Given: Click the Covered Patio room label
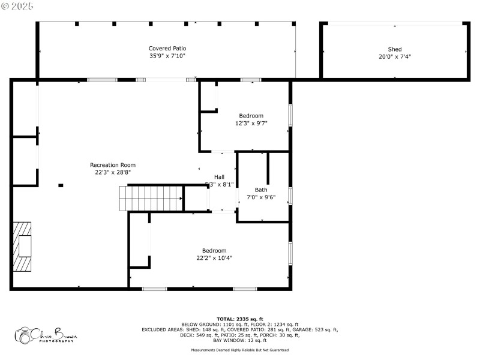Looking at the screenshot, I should (x=167, y=48).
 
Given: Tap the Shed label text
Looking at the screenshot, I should (x=394, y=49).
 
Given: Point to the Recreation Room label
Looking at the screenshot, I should (x=113, y=165).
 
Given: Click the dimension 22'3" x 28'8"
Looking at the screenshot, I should (x=113, y=172).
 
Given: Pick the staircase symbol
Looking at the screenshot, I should (x=151, y=198).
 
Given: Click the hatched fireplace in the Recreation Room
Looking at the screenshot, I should (x=23, y=247).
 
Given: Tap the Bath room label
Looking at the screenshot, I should (x=261, y=190).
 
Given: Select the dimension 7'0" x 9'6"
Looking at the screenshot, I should (x=261, y=197).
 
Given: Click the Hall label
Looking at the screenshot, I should (x=219, y=177).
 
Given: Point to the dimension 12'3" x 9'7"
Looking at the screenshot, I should (x=251, y=123).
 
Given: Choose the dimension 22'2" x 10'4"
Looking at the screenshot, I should (x=214, y=258).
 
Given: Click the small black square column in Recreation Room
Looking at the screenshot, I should (x=61, y=185).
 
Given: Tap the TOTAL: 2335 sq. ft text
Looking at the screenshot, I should (x=240, y=319).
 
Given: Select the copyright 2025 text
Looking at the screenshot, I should (x=17, y=5).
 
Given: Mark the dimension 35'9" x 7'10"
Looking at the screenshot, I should (x=167, y=56).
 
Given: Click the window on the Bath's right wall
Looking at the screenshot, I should (x=290, y=196).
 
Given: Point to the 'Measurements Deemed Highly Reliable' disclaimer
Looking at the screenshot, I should (x=240, y=350).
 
